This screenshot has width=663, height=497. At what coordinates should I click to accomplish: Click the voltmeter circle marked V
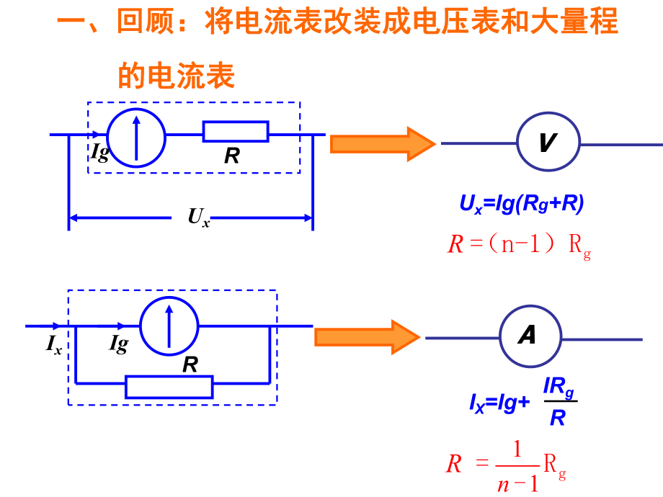point(548,144)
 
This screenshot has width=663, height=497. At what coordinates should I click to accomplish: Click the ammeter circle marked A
point(529,336)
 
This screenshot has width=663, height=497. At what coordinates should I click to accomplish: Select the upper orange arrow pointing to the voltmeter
point(382,143)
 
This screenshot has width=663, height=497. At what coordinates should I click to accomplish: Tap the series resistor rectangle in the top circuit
point(236,132)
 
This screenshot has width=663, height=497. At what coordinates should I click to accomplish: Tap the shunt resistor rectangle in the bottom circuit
point(169,387)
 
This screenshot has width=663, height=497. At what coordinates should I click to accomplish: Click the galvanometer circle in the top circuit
point(136,134)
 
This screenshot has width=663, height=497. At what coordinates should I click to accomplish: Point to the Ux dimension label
point(199,216)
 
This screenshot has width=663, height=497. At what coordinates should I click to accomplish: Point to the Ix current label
point(54,346)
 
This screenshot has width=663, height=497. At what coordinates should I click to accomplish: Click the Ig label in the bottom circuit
point(119,345)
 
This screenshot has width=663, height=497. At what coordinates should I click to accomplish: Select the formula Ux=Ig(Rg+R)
point(522,204)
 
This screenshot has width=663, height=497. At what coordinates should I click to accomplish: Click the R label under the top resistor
point(231,156)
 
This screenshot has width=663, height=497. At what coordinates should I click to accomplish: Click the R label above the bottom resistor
point(190,364)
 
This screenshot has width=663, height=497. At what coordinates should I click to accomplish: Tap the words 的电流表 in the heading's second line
point(177,74)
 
